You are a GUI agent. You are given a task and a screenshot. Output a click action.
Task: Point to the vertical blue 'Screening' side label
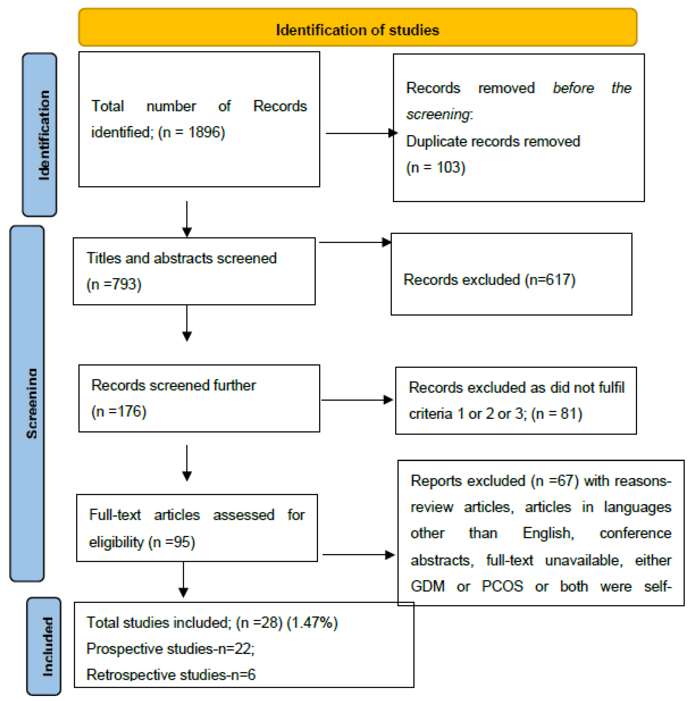point(27,403)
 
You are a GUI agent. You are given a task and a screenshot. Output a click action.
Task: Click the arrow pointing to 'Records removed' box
point(359,133)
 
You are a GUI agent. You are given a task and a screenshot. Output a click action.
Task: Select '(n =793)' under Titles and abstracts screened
point(114,284)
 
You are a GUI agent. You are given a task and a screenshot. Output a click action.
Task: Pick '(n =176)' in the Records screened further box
point(119,411)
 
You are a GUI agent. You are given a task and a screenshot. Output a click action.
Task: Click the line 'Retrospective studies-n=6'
point(171,675)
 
